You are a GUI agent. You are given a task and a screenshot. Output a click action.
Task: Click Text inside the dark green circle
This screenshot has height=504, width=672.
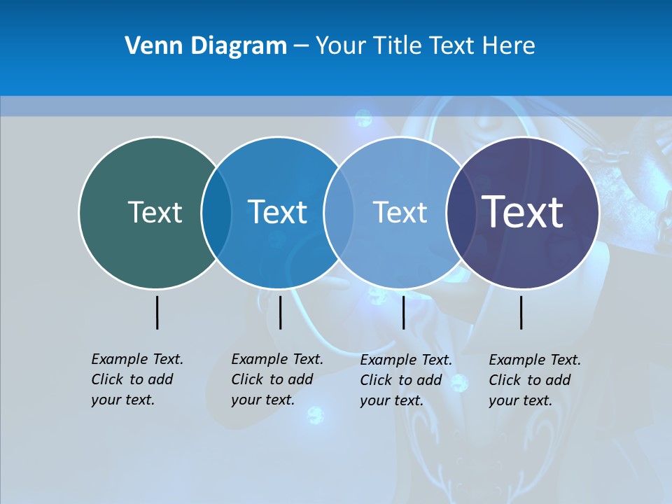click(155, 212)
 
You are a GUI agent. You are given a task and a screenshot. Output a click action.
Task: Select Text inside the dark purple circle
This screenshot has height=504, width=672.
click(523, 211)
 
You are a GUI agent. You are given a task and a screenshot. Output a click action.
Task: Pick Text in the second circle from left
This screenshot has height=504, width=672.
click(277, 212)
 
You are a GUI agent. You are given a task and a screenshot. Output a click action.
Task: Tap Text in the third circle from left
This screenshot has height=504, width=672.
click(400, 212)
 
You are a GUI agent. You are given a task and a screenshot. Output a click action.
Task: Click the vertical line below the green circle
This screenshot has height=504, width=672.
click(157, 312)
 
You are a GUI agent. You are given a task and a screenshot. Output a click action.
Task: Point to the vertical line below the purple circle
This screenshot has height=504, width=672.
click(521, 312)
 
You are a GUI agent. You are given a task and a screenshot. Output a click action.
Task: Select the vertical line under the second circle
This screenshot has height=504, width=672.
click(280, 312)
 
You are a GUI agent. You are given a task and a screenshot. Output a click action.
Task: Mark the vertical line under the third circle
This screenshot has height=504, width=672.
click(403, 312)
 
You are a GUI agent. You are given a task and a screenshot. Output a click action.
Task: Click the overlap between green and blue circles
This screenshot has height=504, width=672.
click(216, 212)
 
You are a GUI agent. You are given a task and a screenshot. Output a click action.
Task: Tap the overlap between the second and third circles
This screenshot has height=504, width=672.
click(339, 212)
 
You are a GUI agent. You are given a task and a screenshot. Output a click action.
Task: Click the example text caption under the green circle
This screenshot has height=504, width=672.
click(137, 379)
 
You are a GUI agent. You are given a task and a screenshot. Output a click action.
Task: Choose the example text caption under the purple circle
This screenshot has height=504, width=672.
click(535, 380)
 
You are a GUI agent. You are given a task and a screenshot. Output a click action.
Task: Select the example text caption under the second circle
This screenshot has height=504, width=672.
click(277, 379)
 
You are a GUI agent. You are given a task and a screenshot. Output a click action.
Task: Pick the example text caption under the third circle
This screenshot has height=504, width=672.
click(406, 380)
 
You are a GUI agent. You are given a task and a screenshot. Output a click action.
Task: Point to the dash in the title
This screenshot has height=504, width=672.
click(301, 46)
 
